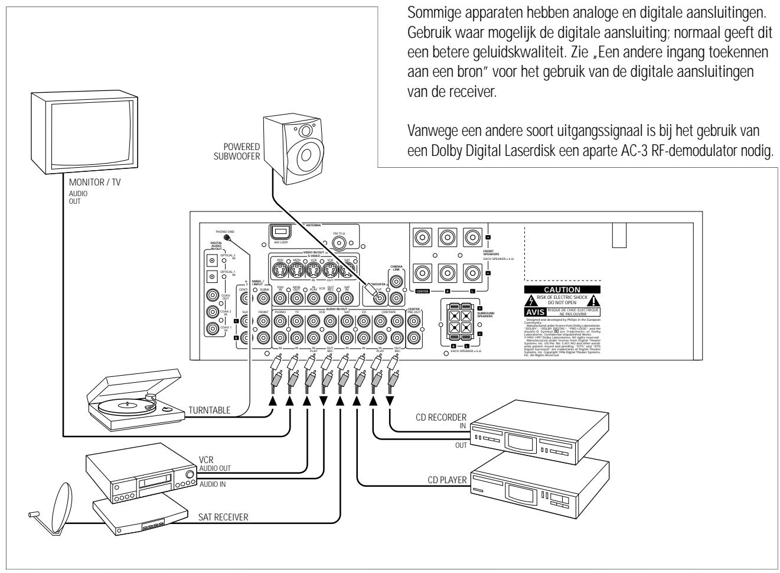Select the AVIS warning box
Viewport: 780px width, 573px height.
pos(536,311)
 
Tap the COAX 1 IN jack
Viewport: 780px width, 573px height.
pos(210,330)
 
